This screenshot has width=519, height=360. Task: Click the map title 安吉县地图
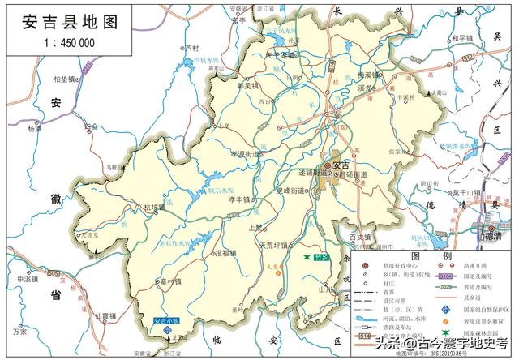coord(61,22)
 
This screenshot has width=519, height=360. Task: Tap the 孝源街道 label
coord(249,152)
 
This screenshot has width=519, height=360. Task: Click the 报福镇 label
coord(225,253)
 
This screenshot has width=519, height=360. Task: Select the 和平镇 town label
coord(463,37)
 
